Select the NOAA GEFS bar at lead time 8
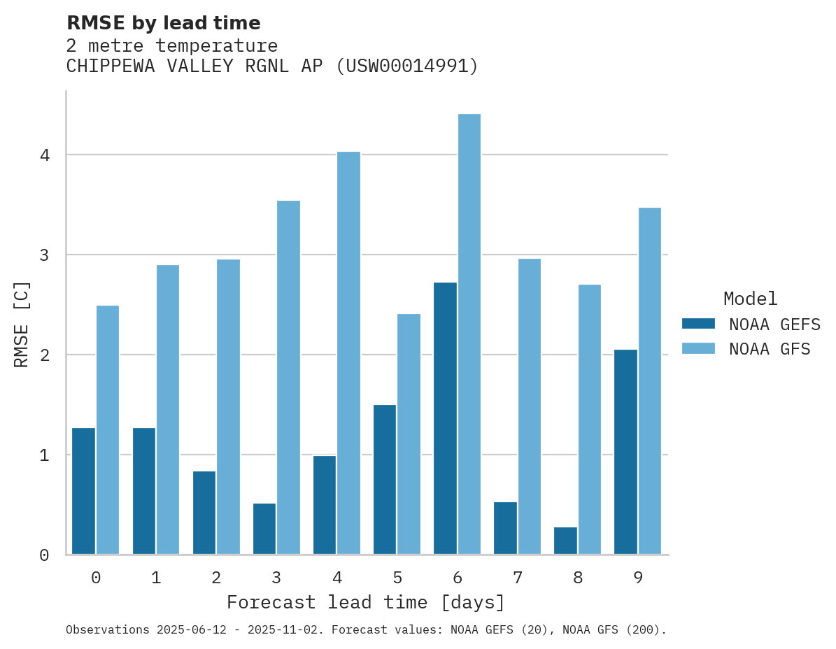(x=565, y=541)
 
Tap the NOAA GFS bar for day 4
(x=348, y=353)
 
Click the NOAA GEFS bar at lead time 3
(x=264, y=529)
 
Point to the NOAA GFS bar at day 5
(x=409, y=434)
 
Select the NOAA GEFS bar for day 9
(x=625, y=452)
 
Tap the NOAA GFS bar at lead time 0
(x=108, y=430)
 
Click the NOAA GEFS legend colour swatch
(x=698, y=324)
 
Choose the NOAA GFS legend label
(x=770, y=349)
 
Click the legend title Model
(x=750, y=299)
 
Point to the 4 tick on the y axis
(x=45, y=155)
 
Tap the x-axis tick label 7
(x=518, y=578)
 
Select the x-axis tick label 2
(x=216, y=578)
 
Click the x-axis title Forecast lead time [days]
(x=366, y=602)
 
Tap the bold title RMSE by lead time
(x=163, y=23)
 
